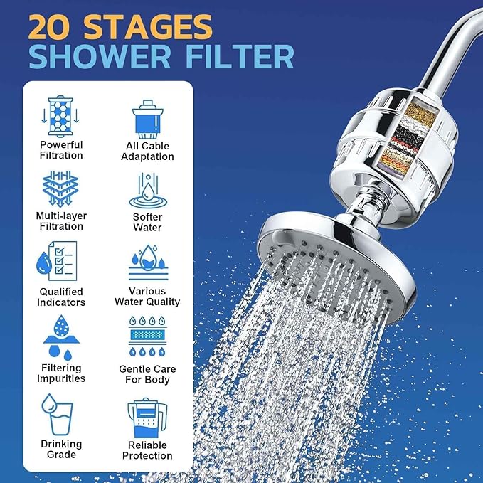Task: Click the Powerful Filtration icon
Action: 60,115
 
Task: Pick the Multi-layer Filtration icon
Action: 60,189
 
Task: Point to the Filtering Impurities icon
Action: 60,338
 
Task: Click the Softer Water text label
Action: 147,222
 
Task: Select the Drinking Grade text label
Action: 60,450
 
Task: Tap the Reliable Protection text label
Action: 147,450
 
